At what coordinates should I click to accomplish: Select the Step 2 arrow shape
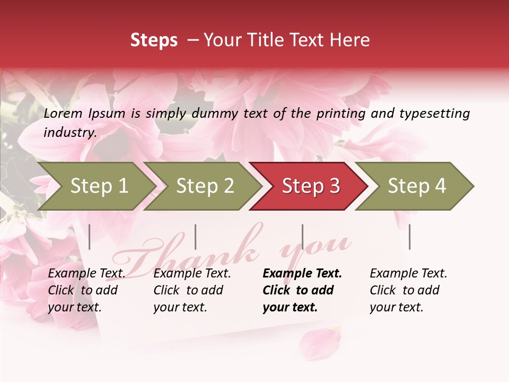(204, 186)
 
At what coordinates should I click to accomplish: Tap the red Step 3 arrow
(310, 186)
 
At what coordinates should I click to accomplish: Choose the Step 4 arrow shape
(416, 186)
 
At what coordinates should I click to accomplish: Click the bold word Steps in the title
(154, 40)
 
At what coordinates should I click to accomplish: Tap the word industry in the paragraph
(69, 132)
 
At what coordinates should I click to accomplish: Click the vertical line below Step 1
(90, 237)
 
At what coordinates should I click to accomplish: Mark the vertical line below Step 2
(196, 237)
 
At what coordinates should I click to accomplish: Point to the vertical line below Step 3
(302, 237)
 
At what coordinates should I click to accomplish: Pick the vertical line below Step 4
(409, 237)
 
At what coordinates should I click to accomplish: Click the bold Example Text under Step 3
(302, 274)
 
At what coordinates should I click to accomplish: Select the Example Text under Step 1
(87, 274)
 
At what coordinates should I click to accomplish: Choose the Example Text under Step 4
(408, 274)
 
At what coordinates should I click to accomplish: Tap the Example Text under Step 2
(192, 274)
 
